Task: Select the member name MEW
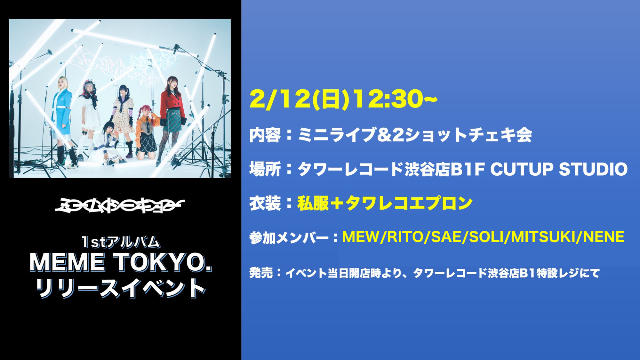[361, 237]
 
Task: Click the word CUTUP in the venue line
[522, 169]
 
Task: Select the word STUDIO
[593, 169]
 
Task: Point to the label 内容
[265, 135]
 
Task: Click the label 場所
[265, 169]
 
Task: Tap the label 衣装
[265, 203]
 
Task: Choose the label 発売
[261, 273]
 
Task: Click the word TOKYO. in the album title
[163, 262]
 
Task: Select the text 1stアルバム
[121, 242]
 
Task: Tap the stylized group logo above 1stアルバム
[119, 205]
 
